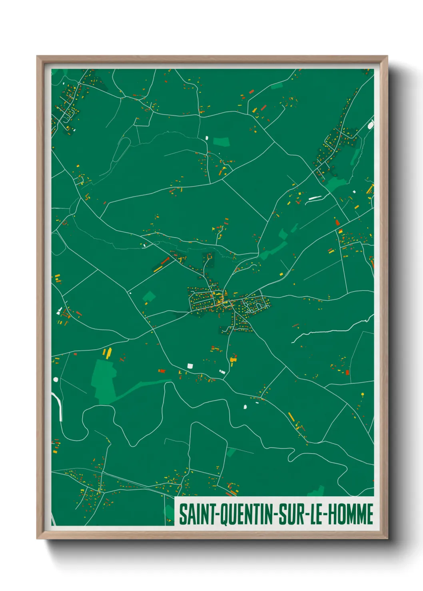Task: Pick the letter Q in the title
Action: (225, 515)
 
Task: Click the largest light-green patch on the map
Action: (104, 380)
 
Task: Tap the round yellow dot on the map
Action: (363, 395)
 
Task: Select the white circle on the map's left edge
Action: (56, 379)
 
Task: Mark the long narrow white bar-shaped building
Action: (315, 197)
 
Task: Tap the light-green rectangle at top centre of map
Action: (221, 141)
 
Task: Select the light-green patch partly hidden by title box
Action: (170, 512)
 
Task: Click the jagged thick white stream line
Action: (332, 328)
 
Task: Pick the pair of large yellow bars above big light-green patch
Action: (107, 353)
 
